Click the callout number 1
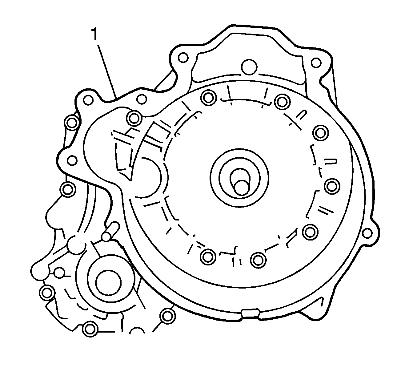(94, 34)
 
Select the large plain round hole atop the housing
(249, 67)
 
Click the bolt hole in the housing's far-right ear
(367, 233)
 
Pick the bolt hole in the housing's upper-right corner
(316, 63)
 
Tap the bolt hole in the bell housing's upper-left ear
(183, 57)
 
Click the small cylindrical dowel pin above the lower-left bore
(110, 232)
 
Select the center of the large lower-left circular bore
(108, 283)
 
